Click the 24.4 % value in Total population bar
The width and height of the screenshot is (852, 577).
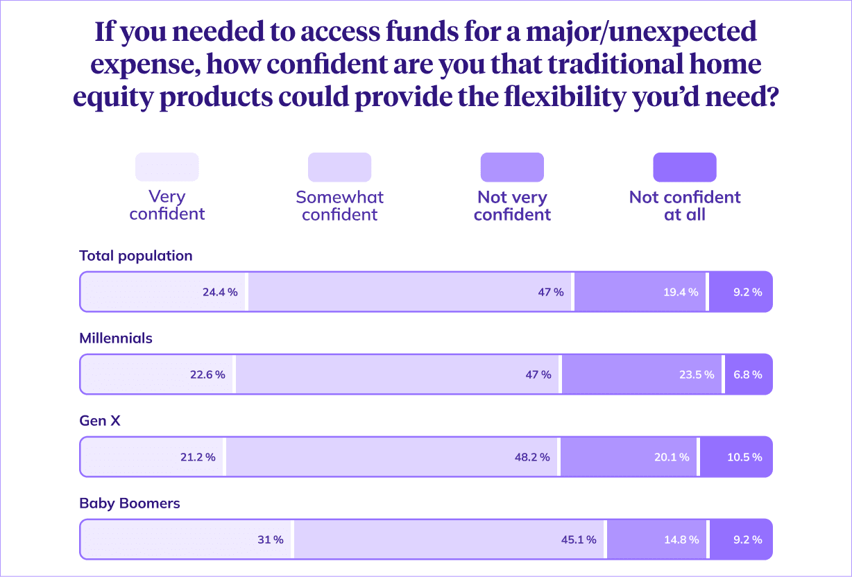coord(220,292)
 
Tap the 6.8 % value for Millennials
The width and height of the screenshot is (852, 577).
coord(747,374)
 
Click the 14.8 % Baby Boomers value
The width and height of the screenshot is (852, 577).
coord(682,539)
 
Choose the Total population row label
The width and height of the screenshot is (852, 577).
coord(136,255)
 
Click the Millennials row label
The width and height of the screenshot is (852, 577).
coord(116,338)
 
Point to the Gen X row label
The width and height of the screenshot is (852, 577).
coord(100,420)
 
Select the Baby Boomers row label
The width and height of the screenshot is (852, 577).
coord(130,503)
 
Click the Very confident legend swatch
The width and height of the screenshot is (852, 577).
coord(167,167)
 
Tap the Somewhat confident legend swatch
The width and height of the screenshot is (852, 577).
coord(339,167)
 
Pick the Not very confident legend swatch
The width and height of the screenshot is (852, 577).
coord(512,167)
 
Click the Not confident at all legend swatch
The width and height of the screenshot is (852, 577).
coord(685,167)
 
